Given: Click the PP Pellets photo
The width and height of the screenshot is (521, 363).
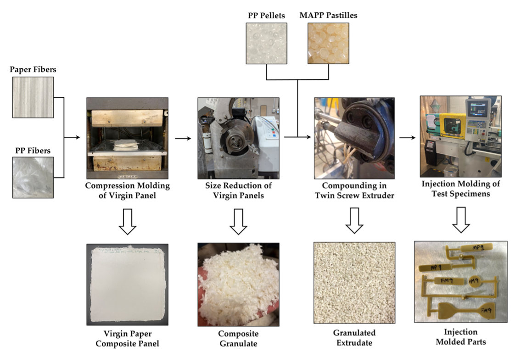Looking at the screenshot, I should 266,43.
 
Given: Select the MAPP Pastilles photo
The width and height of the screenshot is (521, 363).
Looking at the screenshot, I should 328,43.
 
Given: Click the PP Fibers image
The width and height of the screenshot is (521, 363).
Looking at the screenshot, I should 33,177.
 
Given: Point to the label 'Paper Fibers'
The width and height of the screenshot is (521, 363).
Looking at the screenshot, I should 32,69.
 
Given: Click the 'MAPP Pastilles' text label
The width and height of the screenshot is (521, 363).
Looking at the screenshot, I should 328,16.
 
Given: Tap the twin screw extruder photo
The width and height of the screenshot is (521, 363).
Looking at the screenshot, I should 354,138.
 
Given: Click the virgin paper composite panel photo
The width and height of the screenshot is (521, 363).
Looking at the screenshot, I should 127,285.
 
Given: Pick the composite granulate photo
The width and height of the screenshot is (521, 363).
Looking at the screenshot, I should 238,285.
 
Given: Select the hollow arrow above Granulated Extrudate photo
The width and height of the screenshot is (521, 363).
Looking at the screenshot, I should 354,222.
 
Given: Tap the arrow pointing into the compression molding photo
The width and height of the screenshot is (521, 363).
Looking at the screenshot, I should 73,137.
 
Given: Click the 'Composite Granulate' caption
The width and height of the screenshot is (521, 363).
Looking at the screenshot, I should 238,338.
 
